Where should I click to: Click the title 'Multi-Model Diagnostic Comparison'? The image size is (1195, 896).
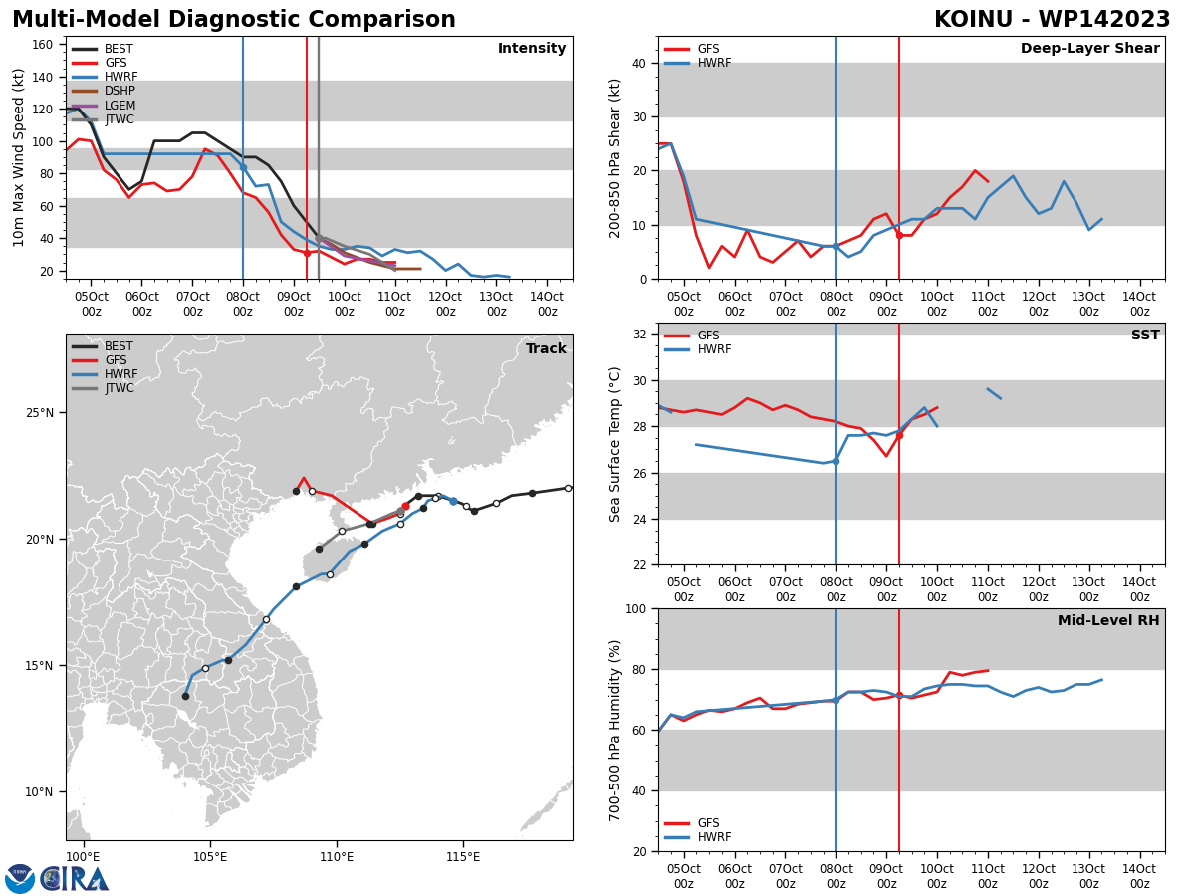click(234, 20)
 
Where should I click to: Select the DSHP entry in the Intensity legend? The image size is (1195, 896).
click(119, 91)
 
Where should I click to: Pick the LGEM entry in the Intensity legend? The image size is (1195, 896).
click(119, 106)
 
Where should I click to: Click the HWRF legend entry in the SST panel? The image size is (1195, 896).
click(714, 349)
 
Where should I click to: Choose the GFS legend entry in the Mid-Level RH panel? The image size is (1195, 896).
click(708, 823)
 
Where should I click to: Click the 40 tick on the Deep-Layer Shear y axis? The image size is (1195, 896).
click(638, 63)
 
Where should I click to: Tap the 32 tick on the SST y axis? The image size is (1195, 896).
click(638, 334)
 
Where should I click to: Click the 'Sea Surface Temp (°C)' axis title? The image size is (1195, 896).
click(616, 444)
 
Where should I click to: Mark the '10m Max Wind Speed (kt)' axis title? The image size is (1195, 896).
click(19, 157)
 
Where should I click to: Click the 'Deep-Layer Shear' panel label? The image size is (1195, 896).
click(1089, 49)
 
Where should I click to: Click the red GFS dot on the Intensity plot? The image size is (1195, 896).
click(307, 253)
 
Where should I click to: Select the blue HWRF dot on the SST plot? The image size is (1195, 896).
click(836, 461)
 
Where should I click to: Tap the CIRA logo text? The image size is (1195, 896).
click(75, 879)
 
